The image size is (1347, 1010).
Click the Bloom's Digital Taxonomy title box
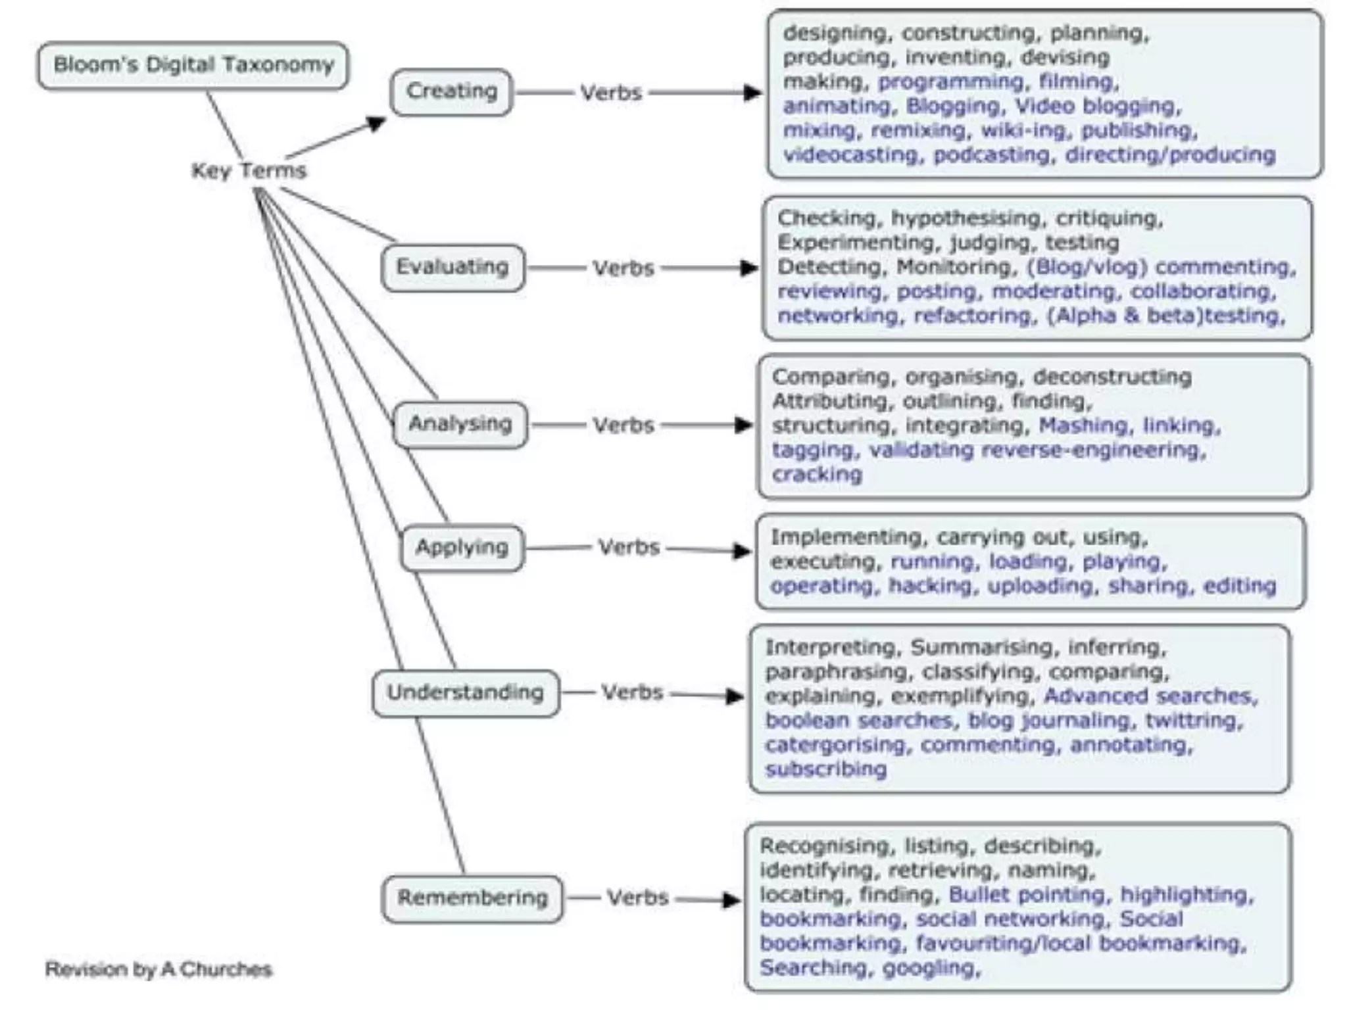click(x=193, y=65)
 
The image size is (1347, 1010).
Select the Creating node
click(x=451, y=91)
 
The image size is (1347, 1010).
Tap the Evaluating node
click(x=453, y=267)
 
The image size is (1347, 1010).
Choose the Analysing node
click(x=460, y=424)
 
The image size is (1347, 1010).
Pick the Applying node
click(x=462, y=547)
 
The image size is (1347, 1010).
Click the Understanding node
click(x=466, y=692)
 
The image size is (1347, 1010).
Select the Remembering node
click(x=472, y=898)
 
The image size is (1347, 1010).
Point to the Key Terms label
click(x=249, y=171)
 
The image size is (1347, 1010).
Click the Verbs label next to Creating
click(x=610, y=93)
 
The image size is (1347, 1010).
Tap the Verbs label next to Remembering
click(x=637, y=898)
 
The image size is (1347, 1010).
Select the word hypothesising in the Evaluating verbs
click(x=966, y=218)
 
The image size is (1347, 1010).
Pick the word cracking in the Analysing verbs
click(x=817, y=474)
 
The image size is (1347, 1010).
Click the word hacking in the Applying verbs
click(x=930, y=586)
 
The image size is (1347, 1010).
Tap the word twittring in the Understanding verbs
click(x=1193, y=721)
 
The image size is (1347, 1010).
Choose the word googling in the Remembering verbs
click(x=930, y=968)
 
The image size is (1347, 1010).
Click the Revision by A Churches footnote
click(x=159, y=969)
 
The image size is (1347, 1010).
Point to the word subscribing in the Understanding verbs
click(x=825, y=769)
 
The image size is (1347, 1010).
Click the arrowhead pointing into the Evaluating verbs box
click(x=748, y=268)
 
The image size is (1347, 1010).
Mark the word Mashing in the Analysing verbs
click(x=1083, y=425)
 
